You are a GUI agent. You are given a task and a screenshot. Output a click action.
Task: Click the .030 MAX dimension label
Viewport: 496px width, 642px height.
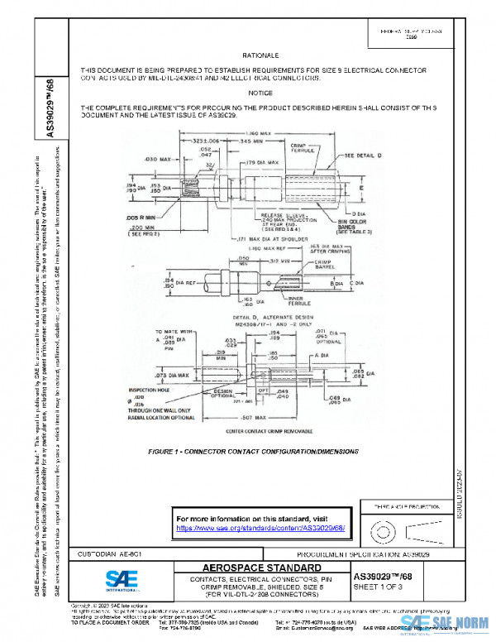pyautogui.click(x=157, y=158)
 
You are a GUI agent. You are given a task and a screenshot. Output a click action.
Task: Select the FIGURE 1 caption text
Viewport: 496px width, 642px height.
pyautogui.click(x=253, y=452)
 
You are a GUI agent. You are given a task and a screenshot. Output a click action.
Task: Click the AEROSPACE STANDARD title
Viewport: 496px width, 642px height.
pyautogui.click(x=260, y=567)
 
